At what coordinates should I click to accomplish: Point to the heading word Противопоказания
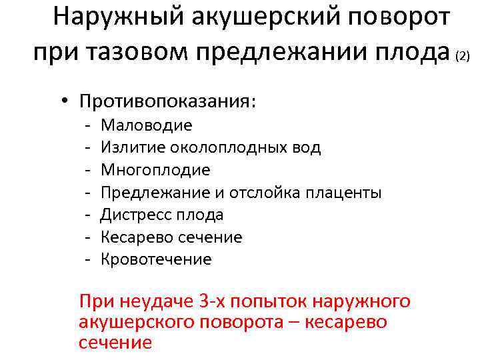click(x=167, y=102)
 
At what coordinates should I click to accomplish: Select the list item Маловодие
click(x=147, y=125)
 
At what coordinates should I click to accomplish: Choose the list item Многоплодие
click(x=155, y=170)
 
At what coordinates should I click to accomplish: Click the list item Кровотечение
click(x=156, y=259)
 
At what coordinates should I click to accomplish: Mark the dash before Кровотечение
click(x=87, y=259)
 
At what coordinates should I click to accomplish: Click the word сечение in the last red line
click(x=115, y=343)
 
